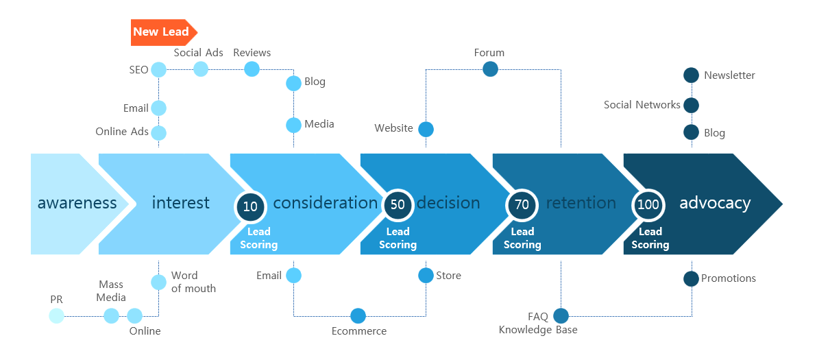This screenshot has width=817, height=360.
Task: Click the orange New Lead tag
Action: pos(164,32)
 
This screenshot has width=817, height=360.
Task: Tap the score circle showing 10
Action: pos(251,206)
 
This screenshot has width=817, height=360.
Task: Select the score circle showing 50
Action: pos(398,205)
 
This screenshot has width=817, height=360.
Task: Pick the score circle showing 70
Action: pos(522,205)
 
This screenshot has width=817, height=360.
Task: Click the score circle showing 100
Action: pos(648,205)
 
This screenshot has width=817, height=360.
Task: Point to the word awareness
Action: pos(77,203)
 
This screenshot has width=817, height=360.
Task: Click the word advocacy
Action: pos(715,203)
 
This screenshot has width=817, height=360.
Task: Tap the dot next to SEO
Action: pos(158,69)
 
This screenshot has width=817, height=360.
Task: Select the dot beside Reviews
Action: pos(252,69)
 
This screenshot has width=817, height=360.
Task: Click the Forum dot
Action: pos(490,69)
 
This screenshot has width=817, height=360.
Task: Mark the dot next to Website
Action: pos(426,129)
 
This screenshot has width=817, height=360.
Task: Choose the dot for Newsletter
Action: pos(691,75)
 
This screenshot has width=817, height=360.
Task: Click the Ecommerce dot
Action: pos(358,315)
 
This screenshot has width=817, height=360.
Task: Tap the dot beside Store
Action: pos(426,275)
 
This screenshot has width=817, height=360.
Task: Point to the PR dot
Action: pos(56,315)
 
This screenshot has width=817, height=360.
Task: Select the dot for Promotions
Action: pos(691,278)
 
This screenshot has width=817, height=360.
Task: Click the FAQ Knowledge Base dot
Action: pos(561,315)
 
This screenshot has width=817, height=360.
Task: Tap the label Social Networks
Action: pos(642,105)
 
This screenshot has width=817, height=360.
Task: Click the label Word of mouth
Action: pos(193,282)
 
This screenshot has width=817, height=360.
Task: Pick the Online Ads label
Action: pos(122,132)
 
